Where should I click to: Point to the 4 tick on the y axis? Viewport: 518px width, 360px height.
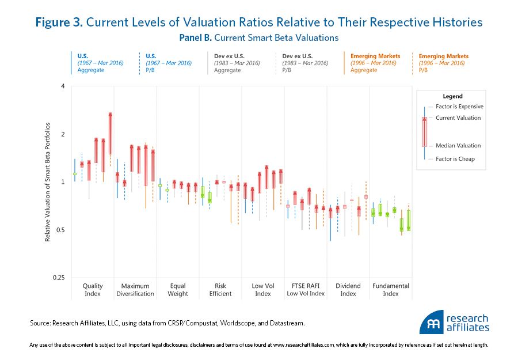coord(63,86)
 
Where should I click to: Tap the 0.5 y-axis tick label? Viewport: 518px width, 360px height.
coord(60,230)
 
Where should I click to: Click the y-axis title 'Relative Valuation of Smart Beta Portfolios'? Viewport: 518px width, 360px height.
coord(48,181)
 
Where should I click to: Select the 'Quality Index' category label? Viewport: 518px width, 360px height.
coord(93,290)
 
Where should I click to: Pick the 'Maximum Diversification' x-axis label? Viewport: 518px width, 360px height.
coord(135,290)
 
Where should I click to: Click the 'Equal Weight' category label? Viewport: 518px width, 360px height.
coord(178,290)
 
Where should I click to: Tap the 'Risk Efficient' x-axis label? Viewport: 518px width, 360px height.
coord(220,290)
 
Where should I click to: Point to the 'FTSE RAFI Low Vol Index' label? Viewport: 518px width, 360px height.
coord(305,290)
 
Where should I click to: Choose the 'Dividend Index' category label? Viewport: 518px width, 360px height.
coord(348,290)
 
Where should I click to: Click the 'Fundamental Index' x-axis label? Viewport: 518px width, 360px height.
coord(391,290)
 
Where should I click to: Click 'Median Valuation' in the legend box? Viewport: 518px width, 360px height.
coord(458,146)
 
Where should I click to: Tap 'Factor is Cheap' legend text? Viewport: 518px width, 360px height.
coord(455,159)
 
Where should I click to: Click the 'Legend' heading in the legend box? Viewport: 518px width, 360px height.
coord(453,96)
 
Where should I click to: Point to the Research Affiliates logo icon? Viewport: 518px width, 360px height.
coord(431,324)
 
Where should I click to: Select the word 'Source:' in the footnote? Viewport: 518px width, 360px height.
coord(41,324)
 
